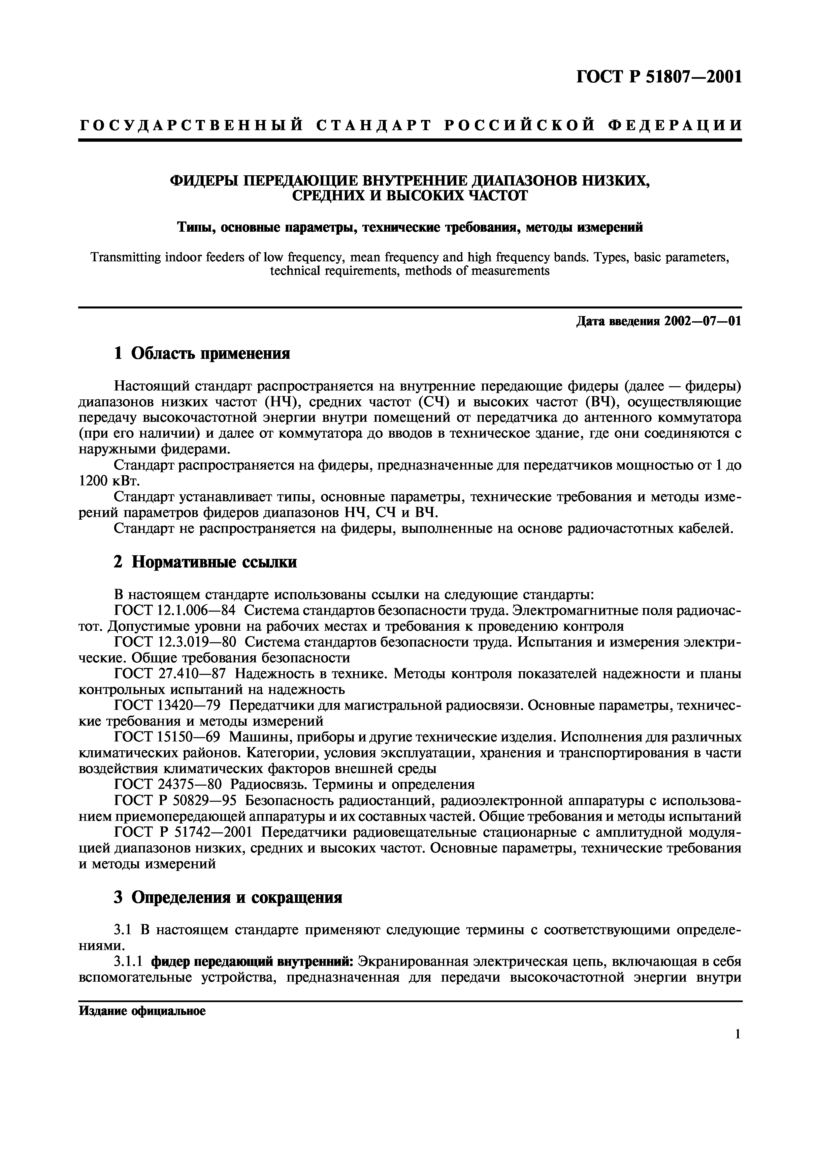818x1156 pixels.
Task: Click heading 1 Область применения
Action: click(x=202, y=354)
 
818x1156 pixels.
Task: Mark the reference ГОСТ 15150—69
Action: click(x=167, y=737)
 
